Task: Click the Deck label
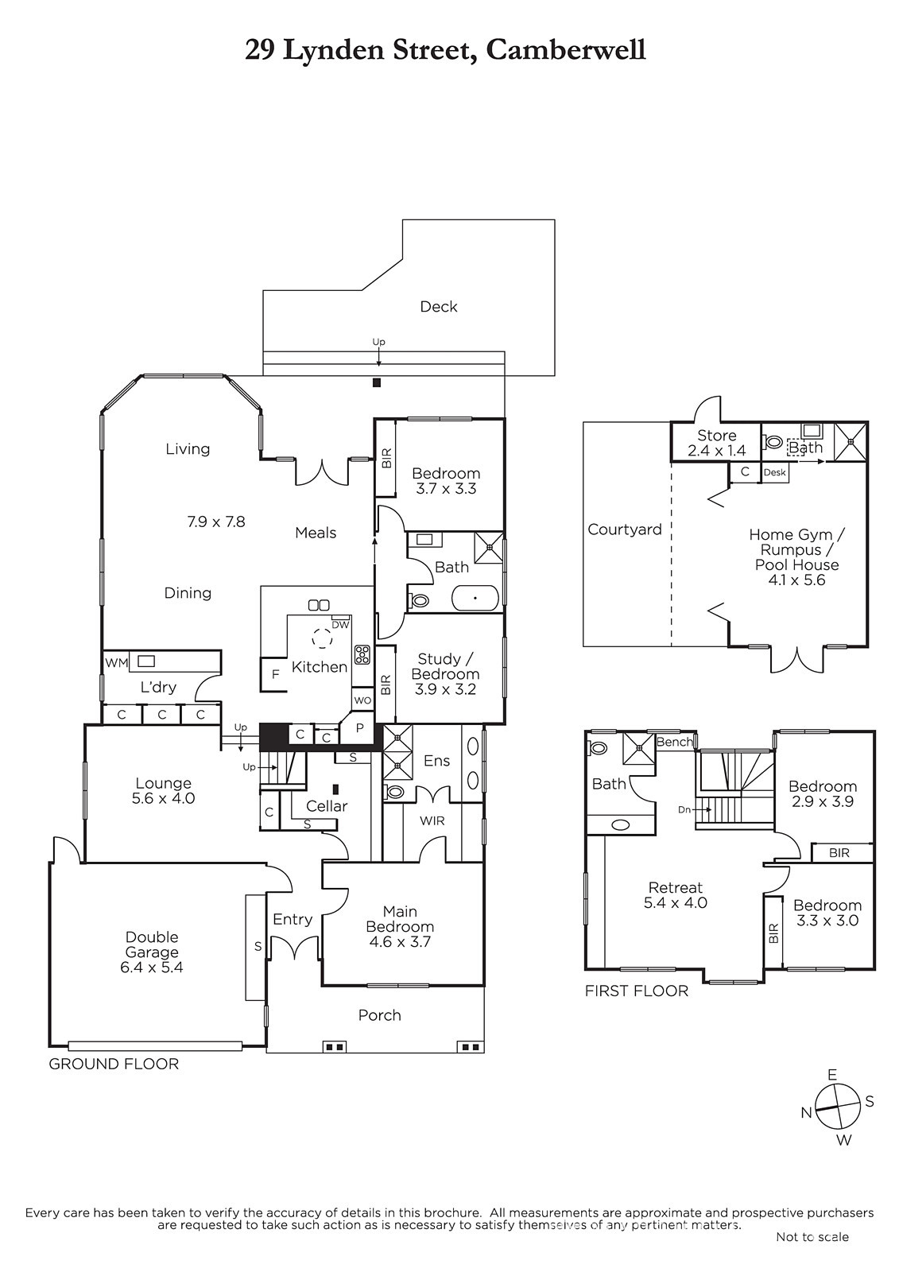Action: tap(439, 307)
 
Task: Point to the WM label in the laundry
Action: tap(116, 663)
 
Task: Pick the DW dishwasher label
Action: tap(339, 625)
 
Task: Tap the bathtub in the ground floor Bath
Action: tap(475, 598)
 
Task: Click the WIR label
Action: tap(432, 820)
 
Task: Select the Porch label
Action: tap(379, 1014)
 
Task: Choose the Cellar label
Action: tap(327, 806)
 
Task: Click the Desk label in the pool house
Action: tap(775, 472)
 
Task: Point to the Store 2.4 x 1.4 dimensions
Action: tap(717, 451)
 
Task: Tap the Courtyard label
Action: tap(625, 529)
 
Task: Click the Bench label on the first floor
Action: tap(675, 742)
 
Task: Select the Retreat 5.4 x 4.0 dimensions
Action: tap(676, 902)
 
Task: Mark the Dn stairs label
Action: tap(684, 810)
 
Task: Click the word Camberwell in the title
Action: tap(566, 49)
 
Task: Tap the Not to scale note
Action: tap(812, 1236)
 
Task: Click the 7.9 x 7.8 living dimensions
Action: tap(215, 522)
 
